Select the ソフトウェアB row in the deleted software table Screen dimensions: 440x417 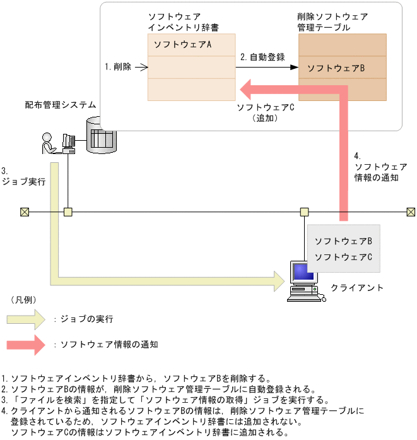click(x=343, y=68)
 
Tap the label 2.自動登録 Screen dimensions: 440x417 click(x=262, y=56)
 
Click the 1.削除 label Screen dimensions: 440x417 click(x=118, y=66)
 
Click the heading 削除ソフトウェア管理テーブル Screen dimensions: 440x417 click(x=332, y=22)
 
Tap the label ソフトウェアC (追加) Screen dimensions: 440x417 click(x=265, y=112)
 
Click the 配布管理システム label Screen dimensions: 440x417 click(x=61, y=105)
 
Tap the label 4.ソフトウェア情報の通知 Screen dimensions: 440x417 click(x=376, y=167)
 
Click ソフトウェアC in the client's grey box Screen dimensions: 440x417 click(x=343, y=257)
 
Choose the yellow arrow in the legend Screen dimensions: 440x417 click(x=26, y=319)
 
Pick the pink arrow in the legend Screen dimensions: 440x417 click(x=26, y=345)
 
